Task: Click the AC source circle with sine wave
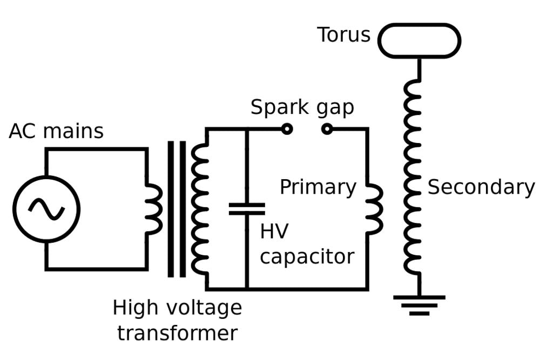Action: coord(46,209)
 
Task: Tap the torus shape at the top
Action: coord(419,40)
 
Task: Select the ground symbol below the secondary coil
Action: coord(419,305)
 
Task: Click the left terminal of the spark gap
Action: coord(287,128)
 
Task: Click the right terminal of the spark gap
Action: coord(327,128)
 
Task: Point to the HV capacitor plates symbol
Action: coord(247,209)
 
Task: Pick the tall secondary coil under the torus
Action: coord(413,178)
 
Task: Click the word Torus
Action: coord(343,35)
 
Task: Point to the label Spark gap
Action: coord(302,107)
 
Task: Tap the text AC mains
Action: coord(56,131)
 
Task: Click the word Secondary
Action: coord(481,187)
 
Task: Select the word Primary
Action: coord(318,187)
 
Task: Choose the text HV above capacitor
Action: coord(274,232)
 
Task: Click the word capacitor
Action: coord(307,256)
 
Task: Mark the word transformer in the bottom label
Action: coord(177,332)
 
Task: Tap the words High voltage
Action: coord(177,308)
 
